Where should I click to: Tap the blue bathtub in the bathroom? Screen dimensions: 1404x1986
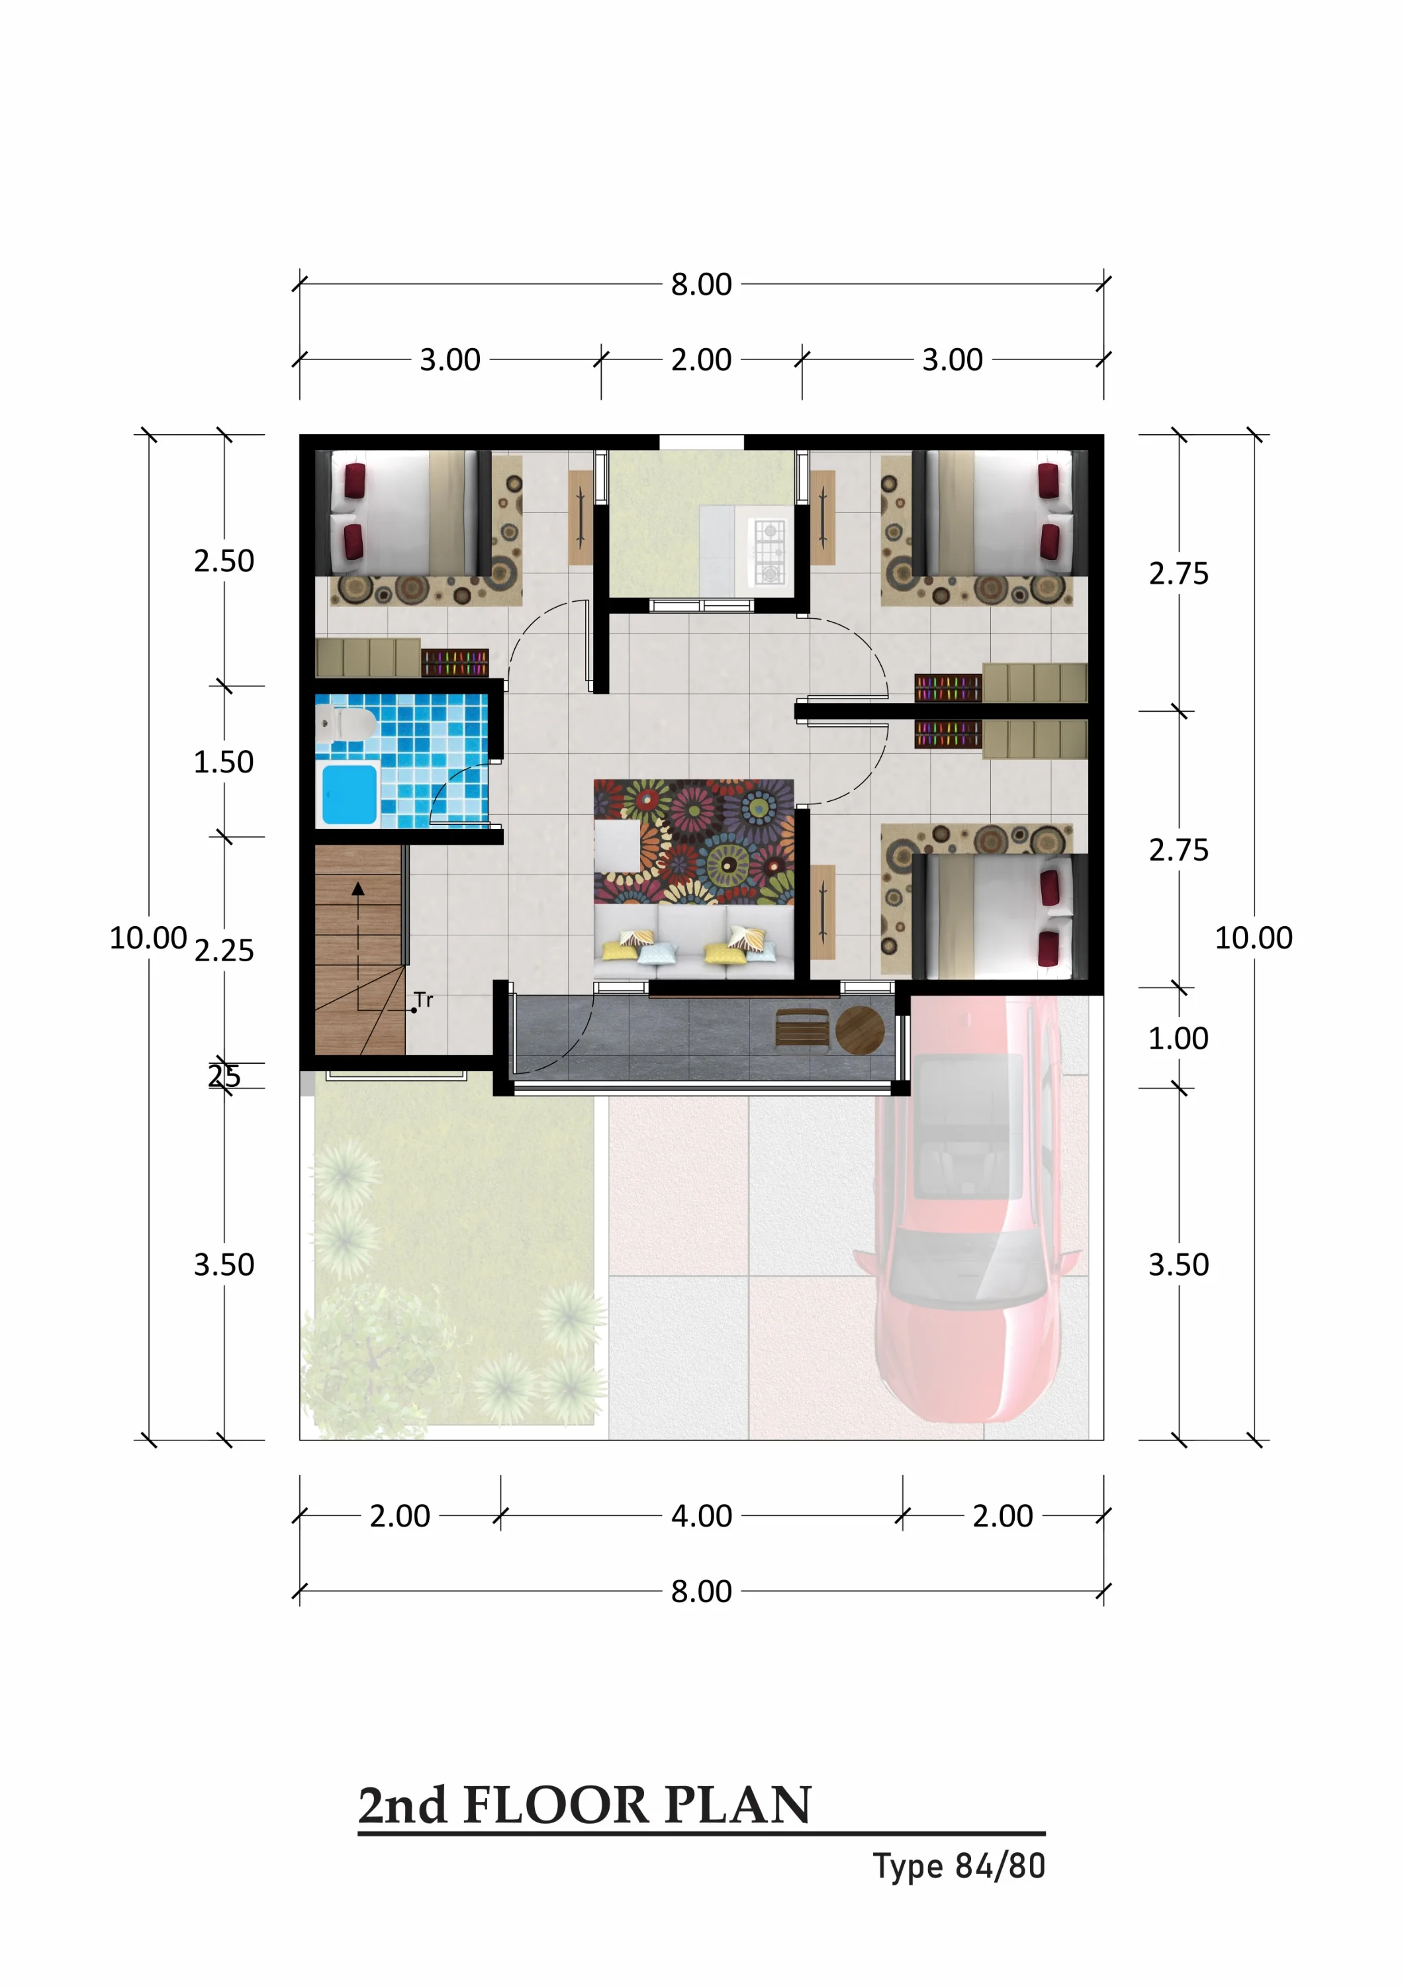click(x=350, y=794)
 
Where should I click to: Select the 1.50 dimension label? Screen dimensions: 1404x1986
click(x=224, y=762)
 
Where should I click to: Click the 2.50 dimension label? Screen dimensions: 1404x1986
click(x=224, y=561)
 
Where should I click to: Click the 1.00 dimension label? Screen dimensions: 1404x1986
click(x=1178, y=1038)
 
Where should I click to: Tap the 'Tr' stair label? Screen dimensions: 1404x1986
click(x=423, y=1000)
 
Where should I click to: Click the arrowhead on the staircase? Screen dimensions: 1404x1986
click(x=358, y=888)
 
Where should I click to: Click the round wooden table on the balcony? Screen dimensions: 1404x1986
click(x=860, y=1029)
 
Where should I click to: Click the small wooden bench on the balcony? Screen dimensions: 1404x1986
click(x=802, y=1029)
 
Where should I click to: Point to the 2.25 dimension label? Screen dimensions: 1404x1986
click(x=224, y=951)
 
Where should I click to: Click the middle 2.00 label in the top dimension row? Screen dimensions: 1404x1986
click(x=702, y=359)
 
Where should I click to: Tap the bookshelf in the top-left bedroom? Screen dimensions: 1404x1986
click(x=455, y=663)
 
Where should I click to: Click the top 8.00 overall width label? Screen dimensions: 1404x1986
click(x=702, y=284)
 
